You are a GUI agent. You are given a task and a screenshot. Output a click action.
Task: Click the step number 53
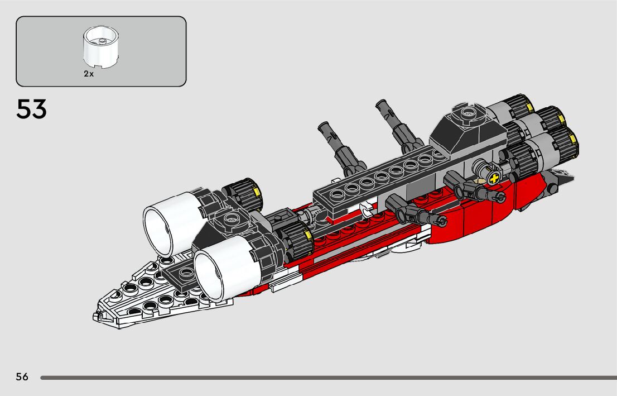point(32,109)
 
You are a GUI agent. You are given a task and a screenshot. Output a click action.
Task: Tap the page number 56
point(22,377)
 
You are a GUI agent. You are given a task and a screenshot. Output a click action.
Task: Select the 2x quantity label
point(89,74)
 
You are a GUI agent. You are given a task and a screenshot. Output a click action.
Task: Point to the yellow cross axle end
point(493,179)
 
